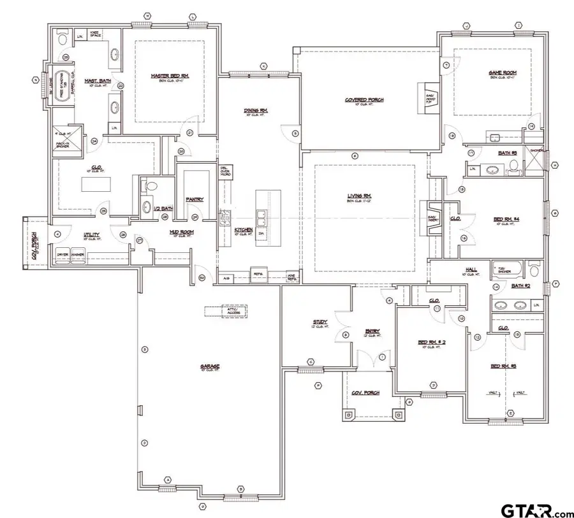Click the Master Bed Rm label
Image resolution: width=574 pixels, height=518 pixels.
point(169,76)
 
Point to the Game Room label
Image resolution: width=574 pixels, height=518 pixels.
point(503,73)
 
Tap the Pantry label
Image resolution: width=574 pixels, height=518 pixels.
point(195,199)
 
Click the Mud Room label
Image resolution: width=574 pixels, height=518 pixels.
point(182,233)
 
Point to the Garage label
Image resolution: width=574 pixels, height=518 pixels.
point(210,366)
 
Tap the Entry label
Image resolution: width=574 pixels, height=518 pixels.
point(373,331)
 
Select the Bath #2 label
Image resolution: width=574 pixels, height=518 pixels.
point(520,286)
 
